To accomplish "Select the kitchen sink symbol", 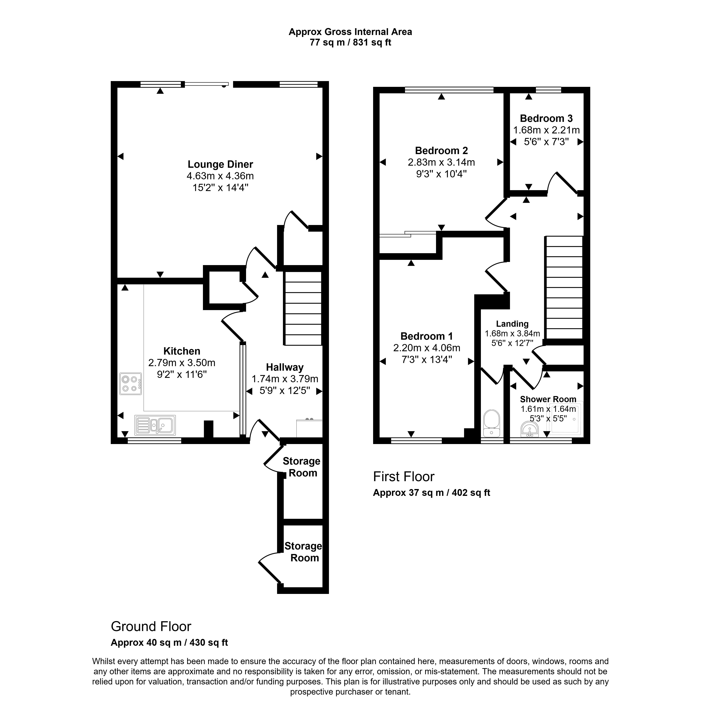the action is [x=155, y=425].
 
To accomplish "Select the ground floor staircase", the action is [x=303, y=308].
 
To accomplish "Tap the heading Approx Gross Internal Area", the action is [x=350, y=32].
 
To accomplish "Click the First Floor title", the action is [x=403, y=477].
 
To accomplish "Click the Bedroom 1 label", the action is [x=426, y=336].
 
